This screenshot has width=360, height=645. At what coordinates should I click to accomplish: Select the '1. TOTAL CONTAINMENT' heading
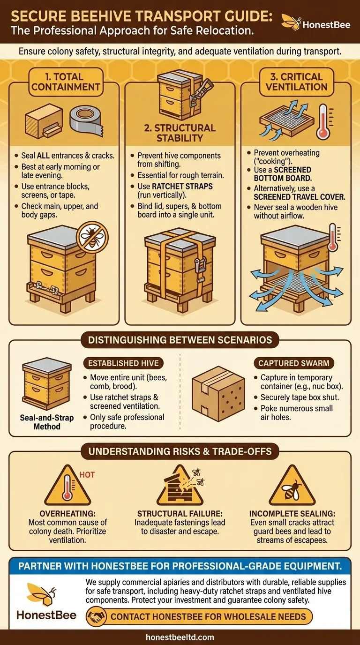click(66, 82)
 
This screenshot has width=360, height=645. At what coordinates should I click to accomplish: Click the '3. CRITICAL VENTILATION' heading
click(296, 82)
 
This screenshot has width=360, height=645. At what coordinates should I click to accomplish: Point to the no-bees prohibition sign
click(92, 237)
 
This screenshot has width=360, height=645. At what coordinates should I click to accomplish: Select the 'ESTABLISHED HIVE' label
click(123, 363)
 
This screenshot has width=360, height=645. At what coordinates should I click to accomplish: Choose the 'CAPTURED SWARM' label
click(294, 363)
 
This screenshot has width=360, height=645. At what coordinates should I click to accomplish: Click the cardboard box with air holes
click(218, 394)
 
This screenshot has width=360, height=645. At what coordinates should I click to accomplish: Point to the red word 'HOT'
click(87, 475)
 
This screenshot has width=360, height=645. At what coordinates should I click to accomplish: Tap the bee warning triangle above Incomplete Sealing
click(292, 486)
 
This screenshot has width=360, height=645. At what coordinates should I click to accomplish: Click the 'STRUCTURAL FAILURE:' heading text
click(180, 514)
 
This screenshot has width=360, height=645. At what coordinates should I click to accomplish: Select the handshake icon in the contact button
click(96, 616)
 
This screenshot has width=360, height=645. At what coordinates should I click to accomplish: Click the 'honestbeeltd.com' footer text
click(180, 637)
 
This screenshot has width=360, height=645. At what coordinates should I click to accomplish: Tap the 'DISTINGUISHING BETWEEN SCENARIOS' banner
click(180, 340)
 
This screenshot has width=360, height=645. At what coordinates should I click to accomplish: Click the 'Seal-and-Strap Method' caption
click(47, 422)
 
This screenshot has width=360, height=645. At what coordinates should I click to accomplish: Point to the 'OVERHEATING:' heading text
click(67, 514)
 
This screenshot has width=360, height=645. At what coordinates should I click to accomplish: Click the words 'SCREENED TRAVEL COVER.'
click(299, 197)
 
